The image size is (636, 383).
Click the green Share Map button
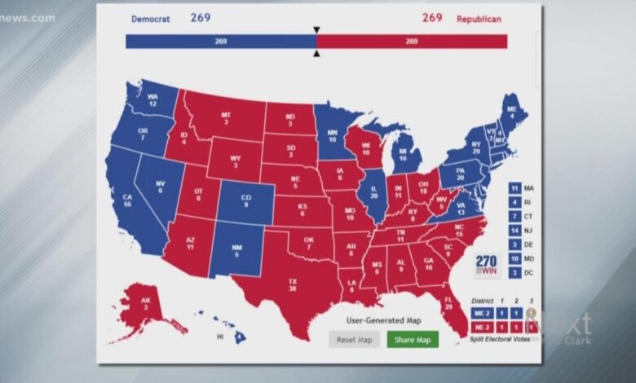pyautogui.click(x=412, y=339)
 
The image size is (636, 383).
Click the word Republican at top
pyautogui.click(x=479, y=19)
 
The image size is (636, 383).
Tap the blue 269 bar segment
pyautogui.click(x=220, y=42)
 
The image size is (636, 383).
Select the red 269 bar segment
pyautogui.click(x=411, y=42)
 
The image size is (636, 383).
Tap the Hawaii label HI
pyautogui.click(x=220, y=336)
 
